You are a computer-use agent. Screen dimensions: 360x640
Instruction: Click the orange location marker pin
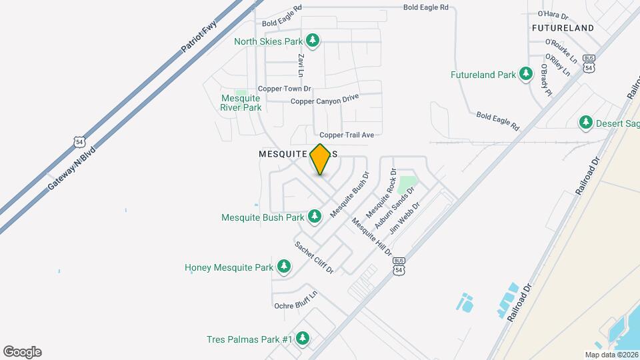[x=320, y=159]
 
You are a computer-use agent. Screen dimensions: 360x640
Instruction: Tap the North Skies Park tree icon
[x=313, y=41]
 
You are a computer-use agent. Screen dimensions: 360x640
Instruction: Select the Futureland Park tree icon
[x=527, y=74]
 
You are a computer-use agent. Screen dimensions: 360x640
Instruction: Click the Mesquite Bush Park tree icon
[x=315, y=216]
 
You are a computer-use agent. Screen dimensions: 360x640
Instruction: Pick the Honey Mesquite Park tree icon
[x=284, y=267]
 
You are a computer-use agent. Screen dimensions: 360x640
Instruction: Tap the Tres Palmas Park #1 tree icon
[x=303, y=339]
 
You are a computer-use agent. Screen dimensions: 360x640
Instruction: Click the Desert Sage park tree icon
[x=586, y=123]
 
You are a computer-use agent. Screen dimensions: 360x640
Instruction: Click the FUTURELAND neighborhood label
[x=563, y=28]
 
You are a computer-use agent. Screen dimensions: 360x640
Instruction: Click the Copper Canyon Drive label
[x=325, y=99]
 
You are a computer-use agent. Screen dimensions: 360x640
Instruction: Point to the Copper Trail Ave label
[x=347, y=135]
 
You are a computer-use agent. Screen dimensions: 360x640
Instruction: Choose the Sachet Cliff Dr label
[x=314, y=257]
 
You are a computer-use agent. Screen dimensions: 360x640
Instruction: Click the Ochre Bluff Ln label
[x=295, y=301]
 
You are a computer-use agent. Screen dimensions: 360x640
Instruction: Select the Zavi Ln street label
[x=301, y=65]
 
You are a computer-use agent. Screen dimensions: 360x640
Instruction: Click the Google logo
[x=22, y=352]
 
